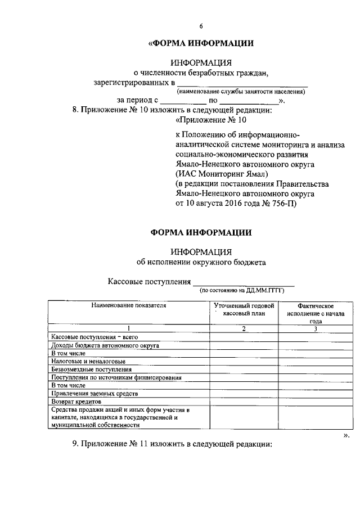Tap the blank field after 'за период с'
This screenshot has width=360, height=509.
(183, 101)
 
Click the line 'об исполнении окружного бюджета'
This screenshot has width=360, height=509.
(200, 262)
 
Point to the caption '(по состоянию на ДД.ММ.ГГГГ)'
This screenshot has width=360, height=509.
(242, 291)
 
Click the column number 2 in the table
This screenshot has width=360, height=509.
(243, 328)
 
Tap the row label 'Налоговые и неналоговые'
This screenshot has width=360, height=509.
(88, 361)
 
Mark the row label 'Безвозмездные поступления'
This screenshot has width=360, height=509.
(91, 370)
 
